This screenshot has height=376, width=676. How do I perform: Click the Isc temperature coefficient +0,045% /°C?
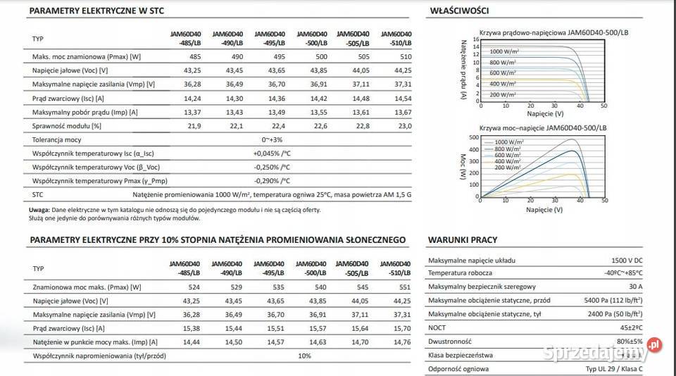click(272, 153)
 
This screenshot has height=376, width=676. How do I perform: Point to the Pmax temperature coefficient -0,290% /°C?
click(272, 181)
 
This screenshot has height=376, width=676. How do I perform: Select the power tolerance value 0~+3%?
click(272, 139)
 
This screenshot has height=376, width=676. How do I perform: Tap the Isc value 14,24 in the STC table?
click(192, 98)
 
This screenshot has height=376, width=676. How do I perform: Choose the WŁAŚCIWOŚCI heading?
click(458, 11)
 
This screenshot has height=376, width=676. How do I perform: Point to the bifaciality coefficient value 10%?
click(304, 356)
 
